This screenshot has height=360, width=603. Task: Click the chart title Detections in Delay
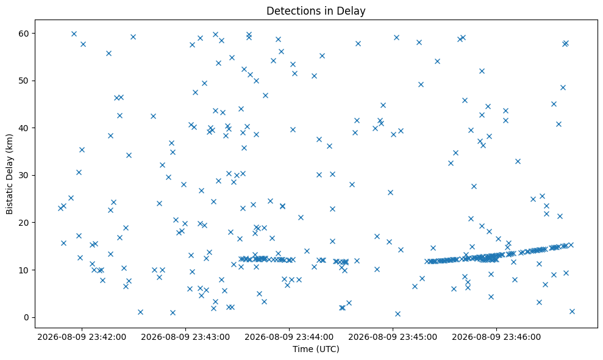click(316, 11)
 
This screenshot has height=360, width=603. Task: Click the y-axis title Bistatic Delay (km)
click(9, 174)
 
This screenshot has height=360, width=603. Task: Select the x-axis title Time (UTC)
click(316, 349)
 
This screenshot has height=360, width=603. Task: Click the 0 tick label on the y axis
click(27, 318)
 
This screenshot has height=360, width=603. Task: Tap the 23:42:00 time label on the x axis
click(82, 337)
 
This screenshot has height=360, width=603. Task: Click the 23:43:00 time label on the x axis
click(185, 337)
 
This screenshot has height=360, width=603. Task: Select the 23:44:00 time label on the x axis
click(289, 337)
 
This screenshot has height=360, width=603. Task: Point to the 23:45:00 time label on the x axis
click(393, 337)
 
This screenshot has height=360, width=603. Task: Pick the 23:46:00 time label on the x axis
click(496, 337)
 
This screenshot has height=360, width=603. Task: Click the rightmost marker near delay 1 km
click(572, 311)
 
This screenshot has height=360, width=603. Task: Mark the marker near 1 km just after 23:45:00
click(398, 314)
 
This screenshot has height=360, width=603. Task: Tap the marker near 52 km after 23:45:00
click(482, 71)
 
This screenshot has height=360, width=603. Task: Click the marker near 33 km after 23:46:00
click(518, 161)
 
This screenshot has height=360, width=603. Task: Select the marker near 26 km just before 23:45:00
click(390, 193)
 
